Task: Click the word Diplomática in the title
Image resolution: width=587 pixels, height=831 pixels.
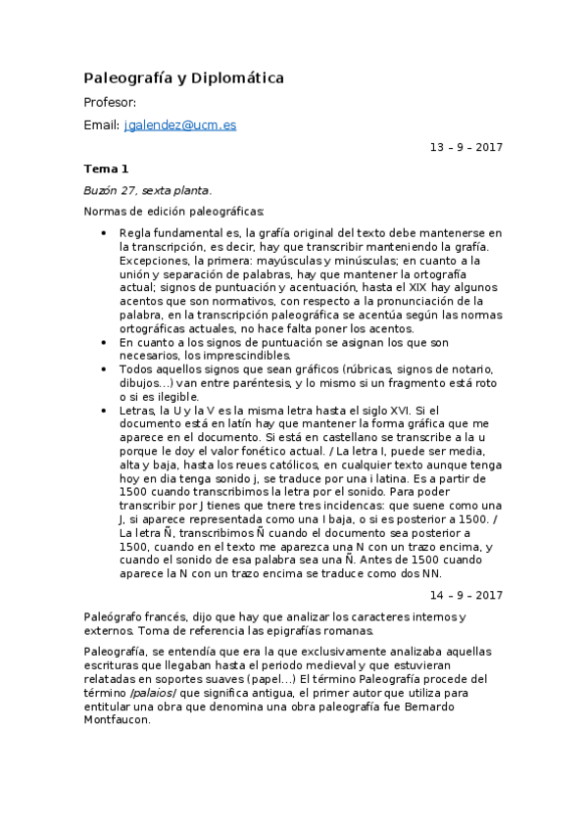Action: pyautogui.click(x=234, y=77)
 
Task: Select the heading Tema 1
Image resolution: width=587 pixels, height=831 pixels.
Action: pyautogui.click(x=106, y=169)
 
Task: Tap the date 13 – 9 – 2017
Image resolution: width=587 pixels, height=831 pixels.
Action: pyautogui.click(x=465, y=147)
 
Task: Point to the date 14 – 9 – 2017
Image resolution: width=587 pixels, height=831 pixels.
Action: pyautogui.click(x=465, y=595)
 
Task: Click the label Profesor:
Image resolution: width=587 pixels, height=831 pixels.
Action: pyautogui.click(x=110, y=102)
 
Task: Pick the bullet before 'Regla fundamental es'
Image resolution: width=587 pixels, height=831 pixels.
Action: pyautogui.click(x=104, y=233)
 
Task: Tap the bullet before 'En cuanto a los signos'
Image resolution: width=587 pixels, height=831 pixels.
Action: pyautogui.click(x=104, y=343)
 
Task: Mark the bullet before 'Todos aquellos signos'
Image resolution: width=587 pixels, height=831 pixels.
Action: pyautogui.click(x=104, y=368)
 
